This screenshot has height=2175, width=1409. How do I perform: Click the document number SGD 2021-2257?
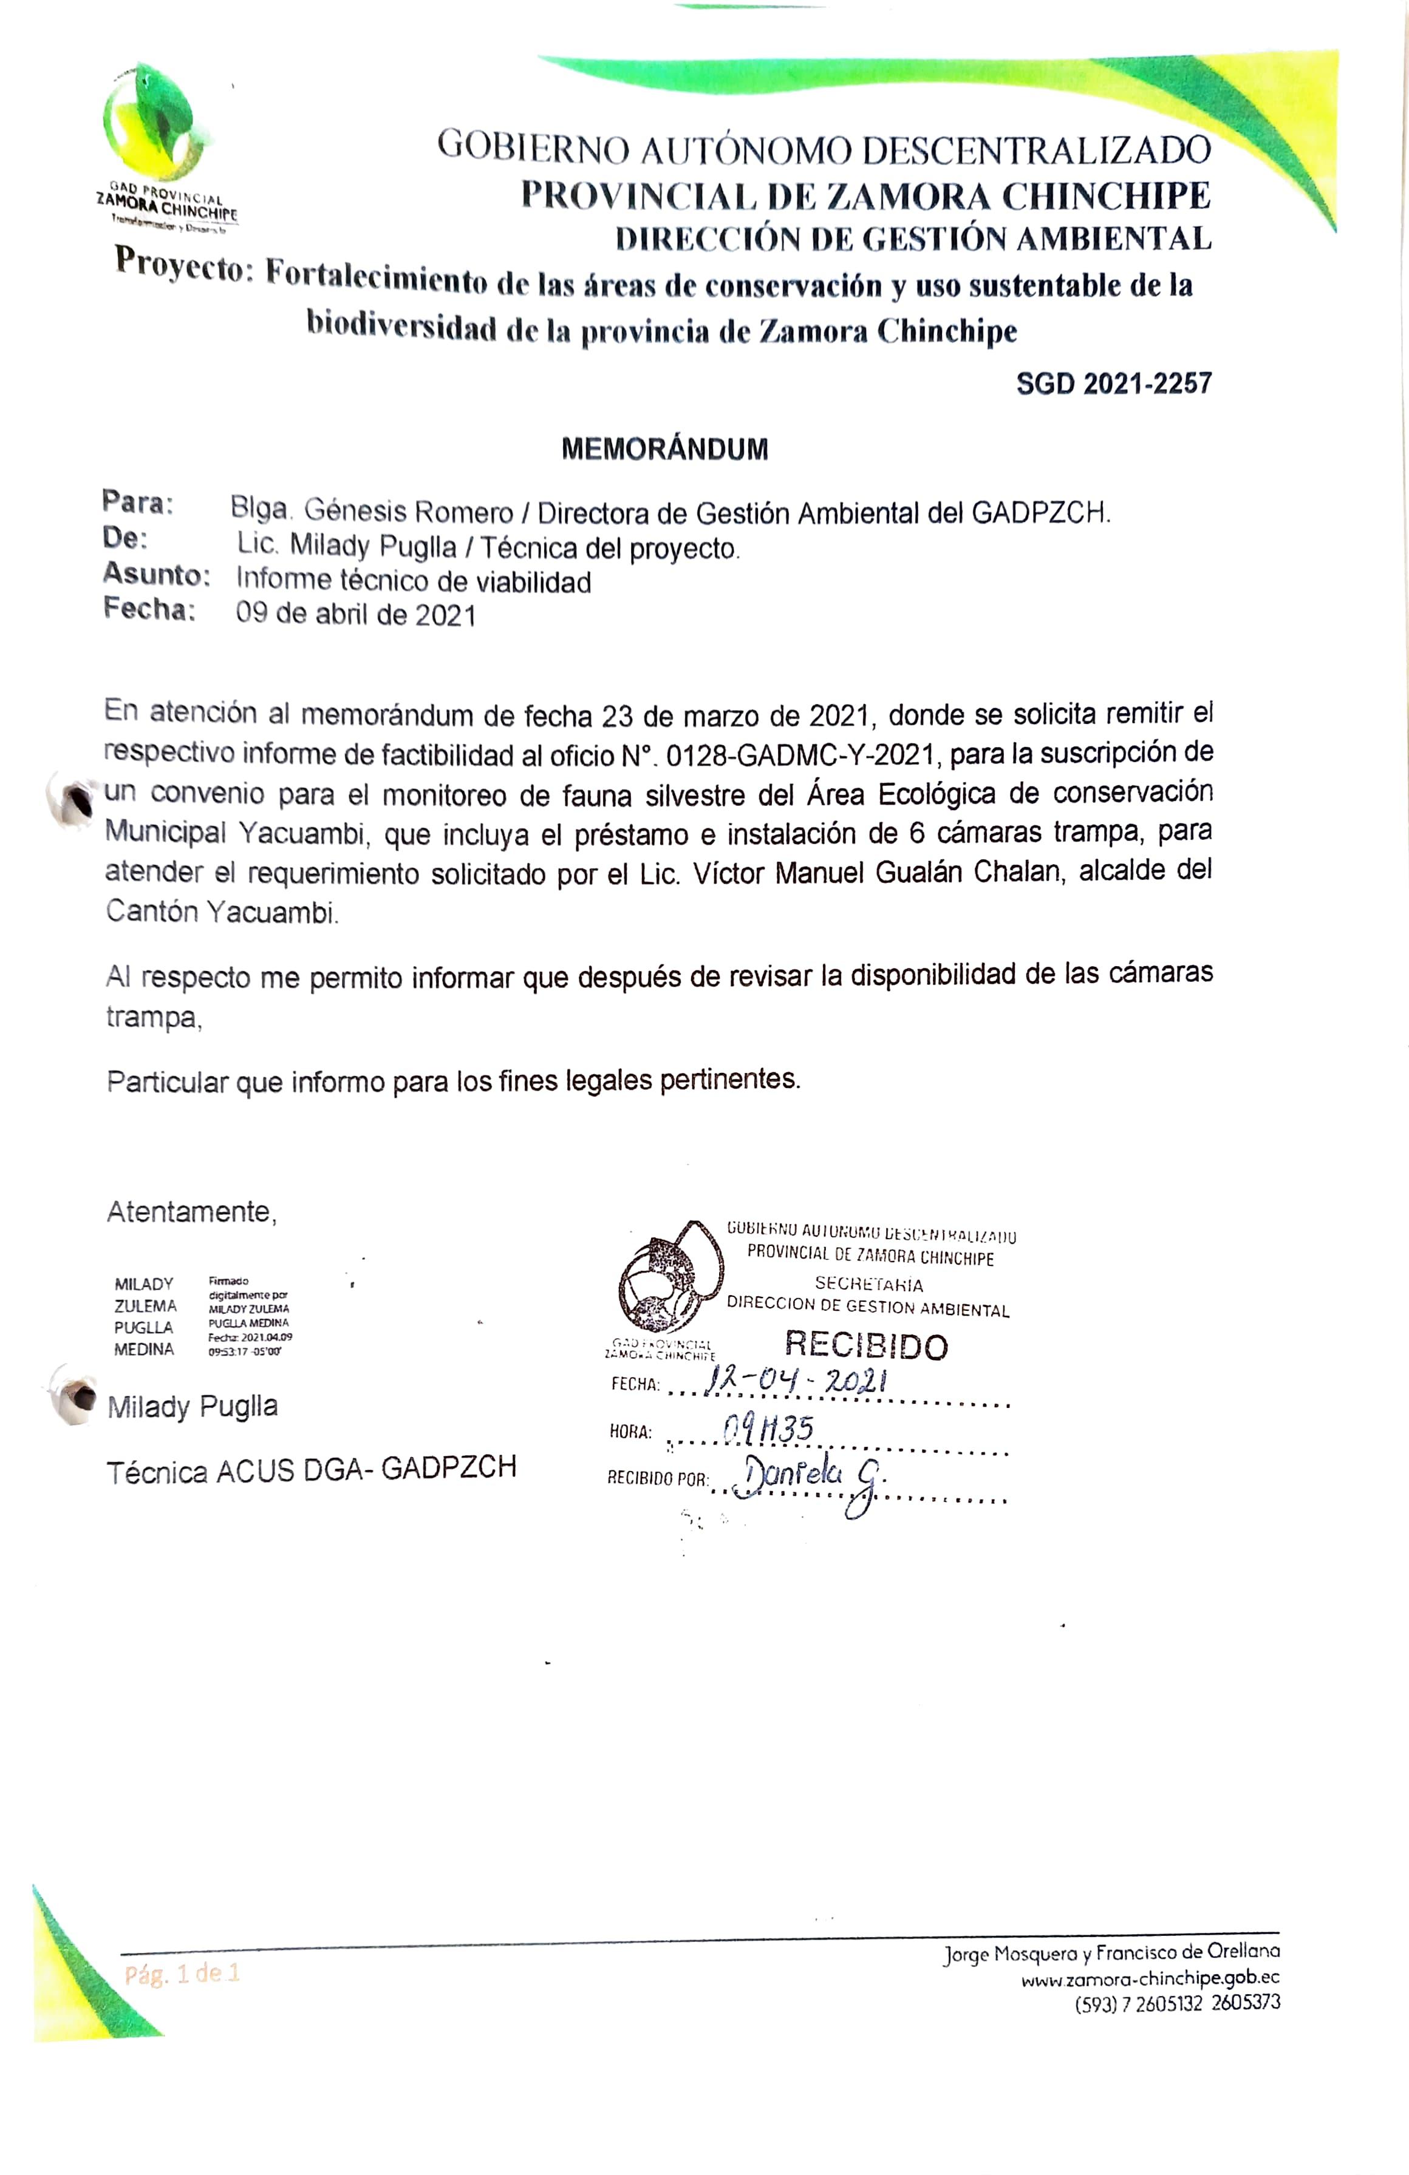coord(1114,383)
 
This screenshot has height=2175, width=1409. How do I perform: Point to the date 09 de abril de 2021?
coord(356,614)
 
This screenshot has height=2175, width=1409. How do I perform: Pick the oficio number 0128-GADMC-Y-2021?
coord(801,755)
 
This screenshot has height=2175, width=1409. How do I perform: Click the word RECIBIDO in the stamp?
coord(866,1345)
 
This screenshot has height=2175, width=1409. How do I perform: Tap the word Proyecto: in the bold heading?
coord(183,265)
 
